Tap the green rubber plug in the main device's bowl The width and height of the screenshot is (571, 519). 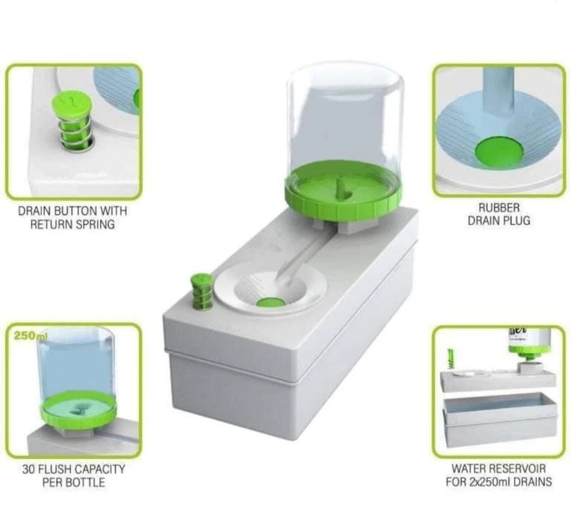pos(271,303)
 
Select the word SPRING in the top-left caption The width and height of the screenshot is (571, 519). pos(96,224)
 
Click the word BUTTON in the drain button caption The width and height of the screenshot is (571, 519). pos(76,211)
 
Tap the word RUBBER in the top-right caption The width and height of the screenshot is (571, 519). pos(499,208)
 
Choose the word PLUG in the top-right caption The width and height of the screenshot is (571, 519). pos(517,221)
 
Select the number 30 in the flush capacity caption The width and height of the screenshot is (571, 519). pos(28,469)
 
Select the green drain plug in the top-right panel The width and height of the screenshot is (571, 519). pos(499,152)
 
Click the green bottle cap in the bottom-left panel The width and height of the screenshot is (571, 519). pos(79,410)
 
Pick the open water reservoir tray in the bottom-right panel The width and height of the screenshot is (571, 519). pos(499,420)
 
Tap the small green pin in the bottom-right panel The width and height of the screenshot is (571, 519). pos(451,359)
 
